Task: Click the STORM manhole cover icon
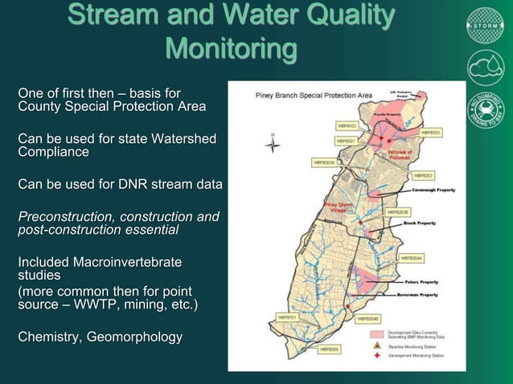pyautogui.click(x=485, y=25)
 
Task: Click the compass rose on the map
pyautogui.click(x=274, y=145)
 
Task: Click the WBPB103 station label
pyautogui.click(x=430, y=132)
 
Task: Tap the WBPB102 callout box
pyautogui.click(x=347, y=126)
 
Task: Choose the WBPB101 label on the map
pyautogui.click(x=288, y=317)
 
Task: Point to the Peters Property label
pyautogui.click(x=422, y=282)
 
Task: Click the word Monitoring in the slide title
pyautogui.click(x=231, y=49)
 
